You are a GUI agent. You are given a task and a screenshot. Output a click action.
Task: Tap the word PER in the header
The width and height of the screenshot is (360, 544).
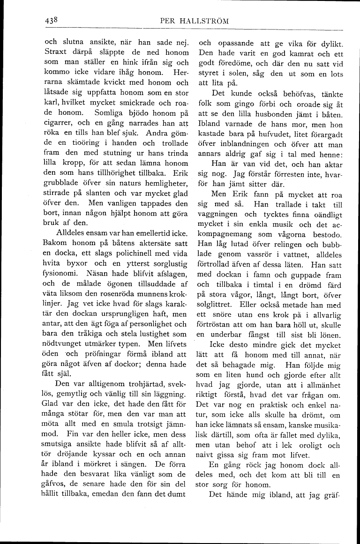[167, 21]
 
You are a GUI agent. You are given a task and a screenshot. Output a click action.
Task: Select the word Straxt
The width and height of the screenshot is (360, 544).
[56, 52]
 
